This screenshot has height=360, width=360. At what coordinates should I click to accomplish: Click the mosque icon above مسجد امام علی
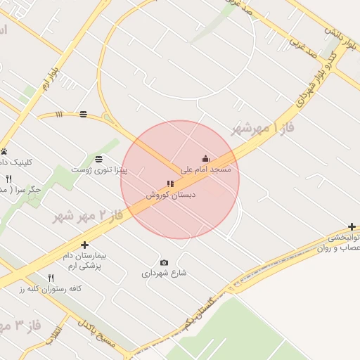coord(205,158)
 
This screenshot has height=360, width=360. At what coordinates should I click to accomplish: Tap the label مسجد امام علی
coord(205,169)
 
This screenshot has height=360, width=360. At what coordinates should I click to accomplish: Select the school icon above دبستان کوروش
coord(169,184)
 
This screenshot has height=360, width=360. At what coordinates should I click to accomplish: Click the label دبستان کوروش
coord(170,195)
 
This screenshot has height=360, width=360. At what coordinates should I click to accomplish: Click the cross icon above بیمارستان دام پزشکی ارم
coord(85,245)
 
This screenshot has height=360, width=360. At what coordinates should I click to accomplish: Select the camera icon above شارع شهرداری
coord(165,262)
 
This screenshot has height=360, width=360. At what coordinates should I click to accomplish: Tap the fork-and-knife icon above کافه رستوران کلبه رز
coord(50,278)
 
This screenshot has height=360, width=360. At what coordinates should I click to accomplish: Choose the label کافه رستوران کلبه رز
coord(51,289)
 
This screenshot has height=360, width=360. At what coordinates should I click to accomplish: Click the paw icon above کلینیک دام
coord(4,151)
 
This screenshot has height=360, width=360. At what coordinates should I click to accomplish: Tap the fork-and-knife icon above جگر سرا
coord(9,179)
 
